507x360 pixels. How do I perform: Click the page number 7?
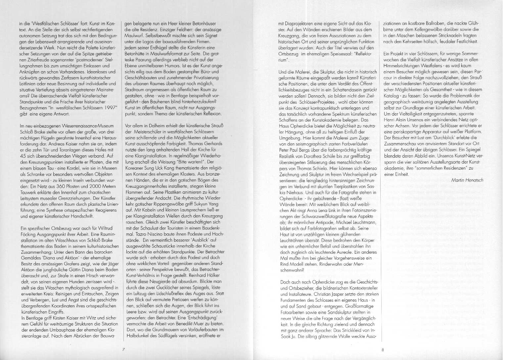click(x=123, y=349)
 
